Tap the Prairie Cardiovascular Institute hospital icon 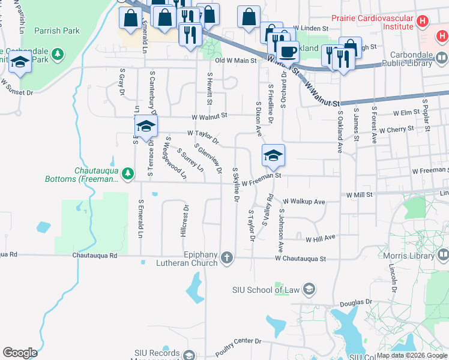tap(423, 22)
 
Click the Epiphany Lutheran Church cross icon tap(226, 258)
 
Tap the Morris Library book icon tap(442, 256)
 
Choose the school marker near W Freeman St tap(273, 155)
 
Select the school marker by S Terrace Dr tap(145, 126)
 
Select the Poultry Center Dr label tap(238, 347)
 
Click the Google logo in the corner tap(19, 353)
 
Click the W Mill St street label tap(360, 195)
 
